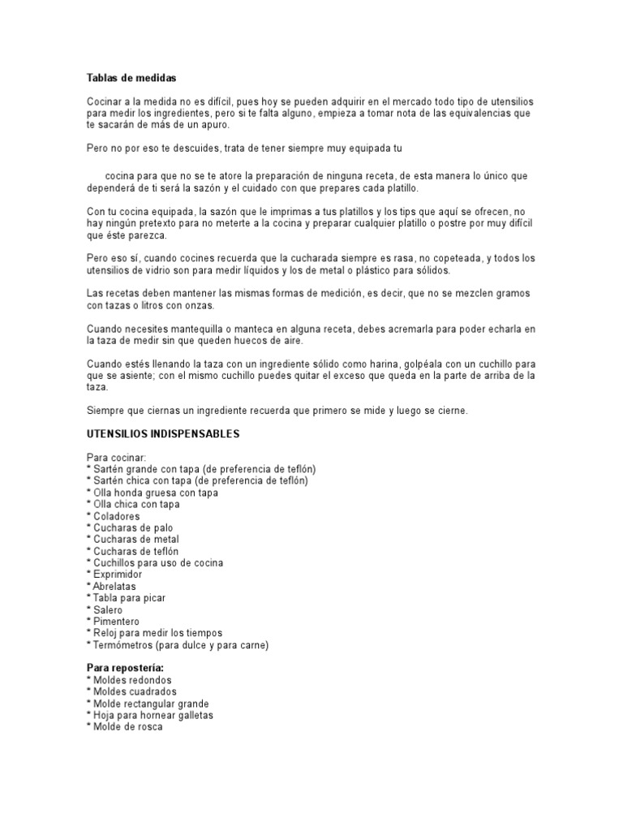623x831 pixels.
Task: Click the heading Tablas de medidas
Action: pyautogui.click(x=131, y=78)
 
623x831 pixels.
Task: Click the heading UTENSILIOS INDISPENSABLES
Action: pyautogui.click(x=163, y=434)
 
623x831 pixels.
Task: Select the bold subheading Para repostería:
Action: pyautogui.click(x=129, y=668)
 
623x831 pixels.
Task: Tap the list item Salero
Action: pyautogui.click(x=106, y=609)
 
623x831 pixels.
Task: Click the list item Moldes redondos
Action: pyautogui.click(x=131, y=680)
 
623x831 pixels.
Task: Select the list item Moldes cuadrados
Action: pyautogui.click(x=134, y=691)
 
